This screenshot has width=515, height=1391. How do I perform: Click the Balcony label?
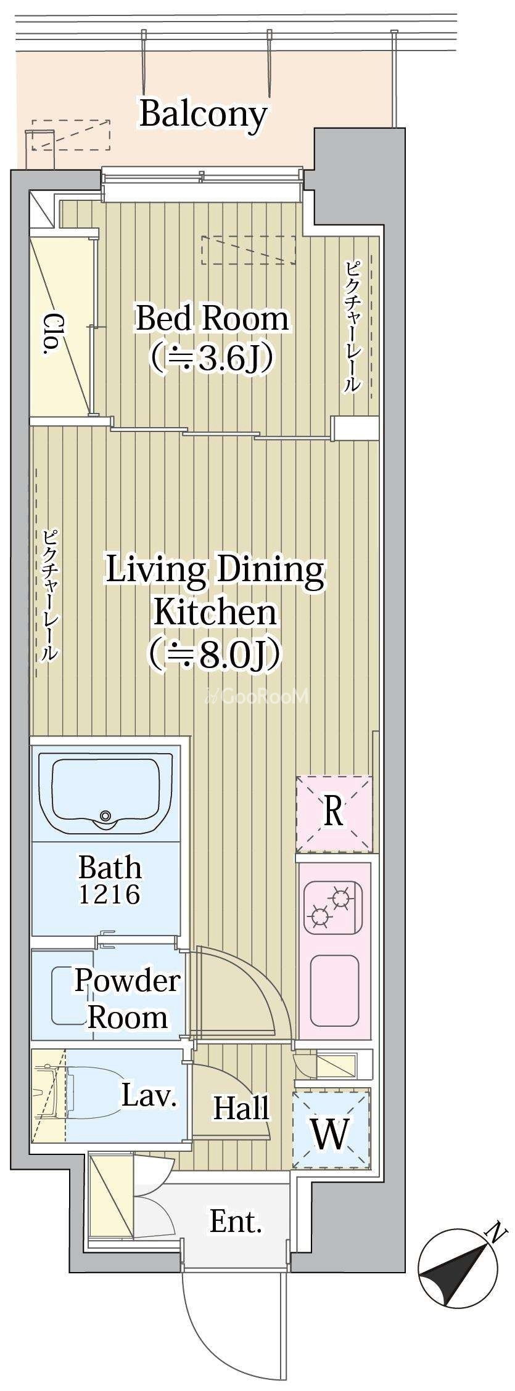pos(203,115)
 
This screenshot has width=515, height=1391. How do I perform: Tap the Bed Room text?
pos(212,319)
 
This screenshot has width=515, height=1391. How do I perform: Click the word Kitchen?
pos(215,612)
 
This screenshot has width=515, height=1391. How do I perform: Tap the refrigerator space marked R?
pos(334,812)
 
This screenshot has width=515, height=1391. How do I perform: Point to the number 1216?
pos(109,894)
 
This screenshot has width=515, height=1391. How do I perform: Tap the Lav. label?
pos(149,1095)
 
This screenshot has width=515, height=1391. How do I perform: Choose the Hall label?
pos(241,1107)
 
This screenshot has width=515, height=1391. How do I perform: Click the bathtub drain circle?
pos(105,815)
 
